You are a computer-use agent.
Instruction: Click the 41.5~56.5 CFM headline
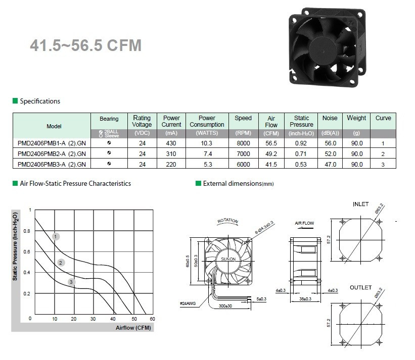86,45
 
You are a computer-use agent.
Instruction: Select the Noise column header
330,118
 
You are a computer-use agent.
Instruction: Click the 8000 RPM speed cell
243,143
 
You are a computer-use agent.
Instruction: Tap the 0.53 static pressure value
301,165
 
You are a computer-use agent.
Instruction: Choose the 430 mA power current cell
171,143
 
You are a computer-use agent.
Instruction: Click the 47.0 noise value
330,165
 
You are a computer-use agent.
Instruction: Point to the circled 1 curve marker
56,236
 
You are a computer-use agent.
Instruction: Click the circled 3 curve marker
71,282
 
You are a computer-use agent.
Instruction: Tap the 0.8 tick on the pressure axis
27,231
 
